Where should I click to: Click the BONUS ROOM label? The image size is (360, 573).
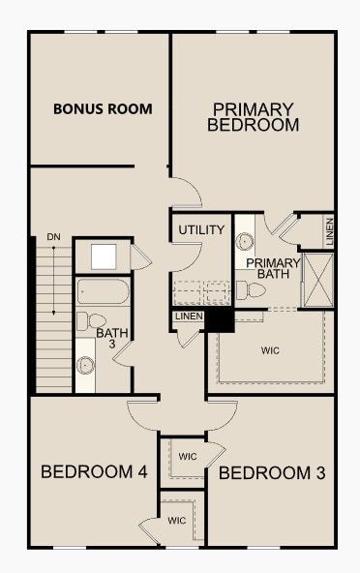[102, 109]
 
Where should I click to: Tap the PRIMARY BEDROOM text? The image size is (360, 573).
[253, 117]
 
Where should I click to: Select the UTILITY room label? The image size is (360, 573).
[201, 230]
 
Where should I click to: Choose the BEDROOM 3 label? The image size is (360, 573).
[271, 473]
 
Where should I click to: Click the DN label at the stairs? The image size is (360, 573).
[52, 237]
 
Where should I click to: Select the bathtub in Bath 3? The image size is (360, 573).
[102, 291]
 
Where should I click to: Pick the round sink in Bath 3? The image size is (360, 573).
[86, 365]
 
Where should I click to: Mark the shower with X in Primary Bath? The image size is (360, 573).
[316, 280]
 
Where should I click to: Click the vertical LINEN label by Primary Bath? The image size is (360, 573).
[330, 231]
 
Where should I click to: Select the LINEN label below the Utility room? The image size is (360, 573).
[187, 317]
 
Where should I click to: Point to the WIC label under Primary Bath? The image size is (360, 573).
[270, 349]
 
